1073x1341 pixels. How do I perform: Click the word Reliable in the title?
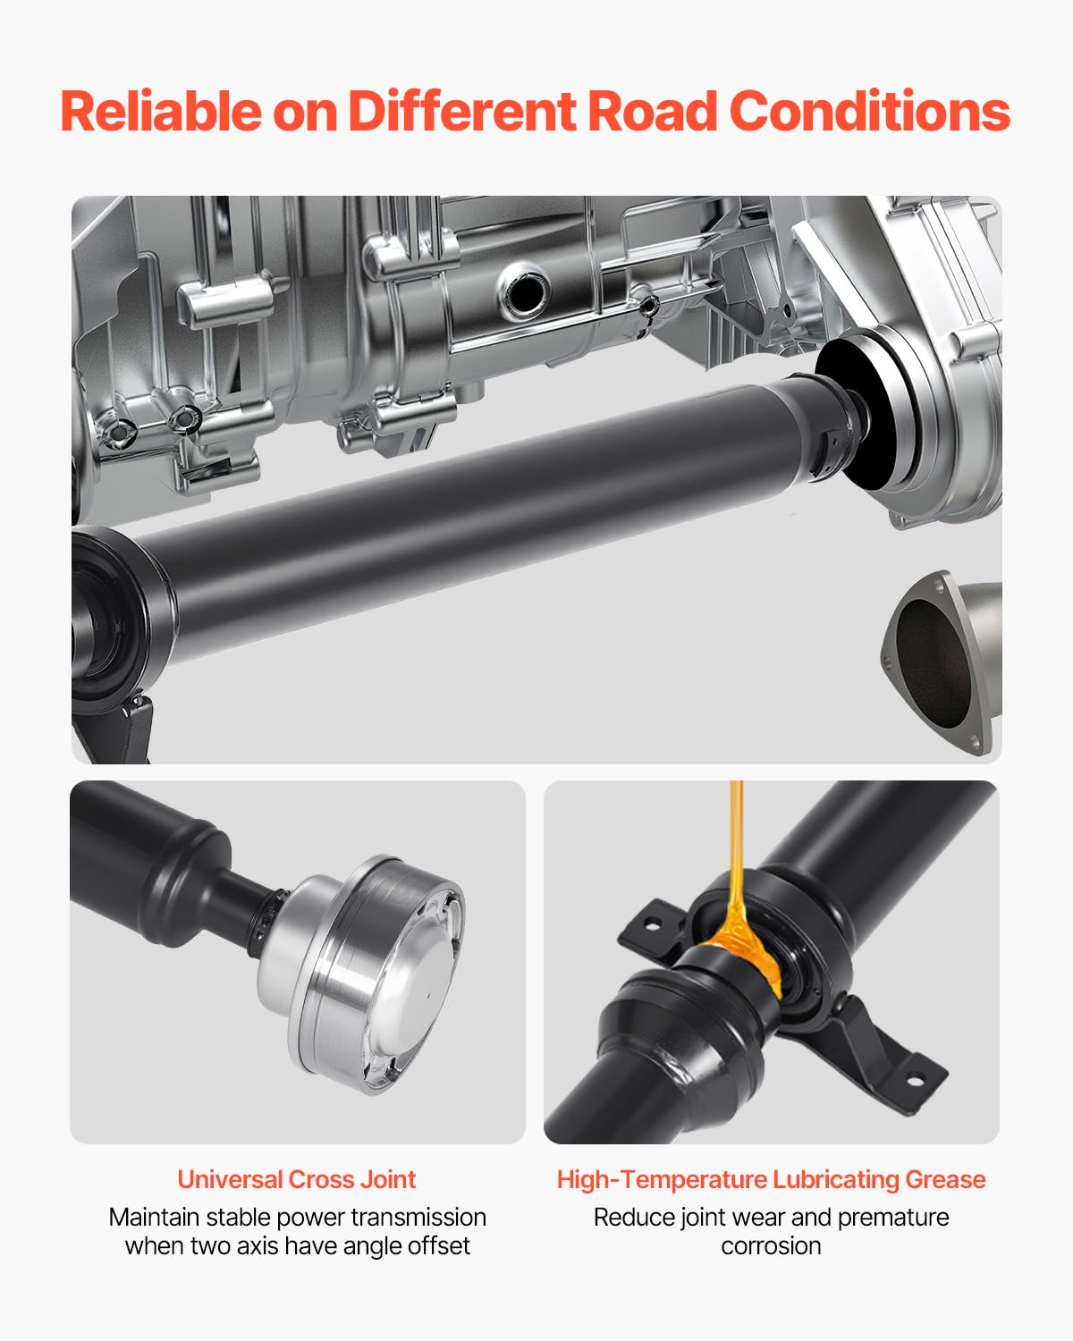click(x=160, y=112)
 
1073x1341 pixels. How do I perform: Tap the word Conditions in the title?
click(x=869, y=112)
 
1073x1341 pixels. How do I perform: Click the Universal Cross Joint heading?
click(x=296, y=1179)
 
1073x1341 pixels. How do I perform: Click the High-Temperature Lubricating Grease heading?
click(x=771, y=1179)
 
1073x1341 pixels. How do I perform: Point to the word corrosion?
click(x=771, y=1245)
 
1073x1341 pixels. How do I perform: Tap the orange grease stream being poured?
click(x=736, y=858)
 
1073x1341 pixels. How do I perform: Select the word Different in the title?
click(x=461, y=112)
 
